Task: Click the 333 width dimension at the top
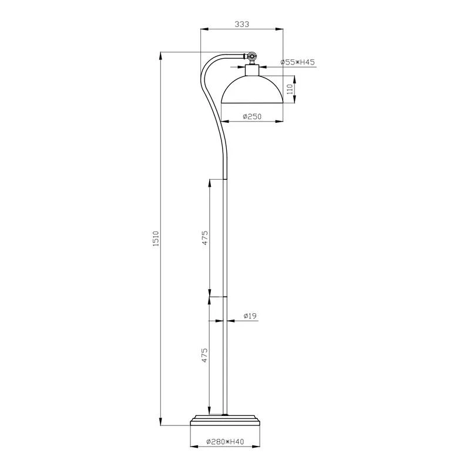pyautogui.click(x=241, y=24)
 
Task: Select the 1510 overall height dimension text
pyautogui.click(x=156, y=240)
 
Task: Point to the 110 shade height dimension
pyautogui.click(x=289, y=89)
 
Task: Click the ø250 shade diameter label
pyautogui.click(x=252, y=117)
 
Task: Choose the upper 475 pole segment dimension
pyautogui.click(x=205, y=237)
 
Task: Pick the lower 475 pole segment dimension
pyautogui.click(x=205, y=356)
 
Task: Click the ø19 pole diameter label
pyautogui.click(x=250, y=316)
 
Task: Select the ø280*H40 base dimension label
pyautogui.click(x=226, y=442)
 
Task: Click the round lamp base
pyautogui.click(x=226, y=420)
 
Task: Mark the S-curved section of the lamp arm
pyautogui.click(x=211, y=112)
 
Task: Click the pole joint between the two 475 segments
pyautogui.click(x=226, y=297)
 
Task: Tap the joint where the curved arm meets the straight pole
pyautogui.click(x=226, y=178)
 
